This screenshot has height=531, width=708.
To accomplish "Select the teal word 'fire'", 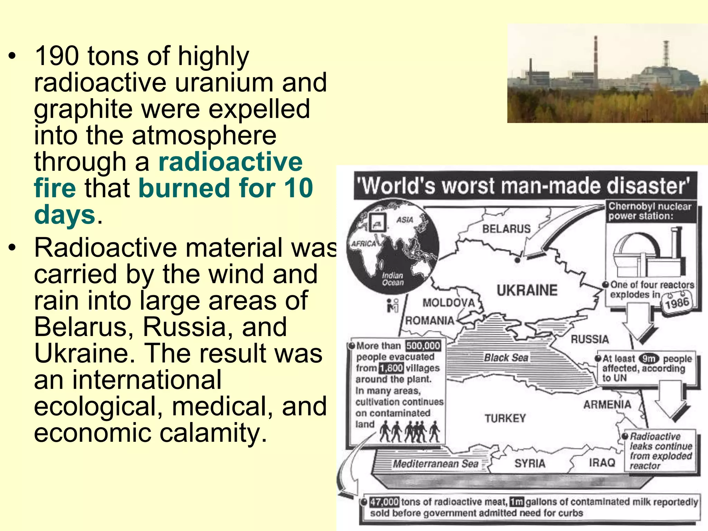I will tap(55, 188).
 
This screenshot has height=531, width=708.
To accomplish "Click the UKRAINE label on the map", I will tap(527, 290).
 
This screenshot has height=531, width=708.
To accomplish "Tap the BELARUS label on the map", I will tap(506, 229).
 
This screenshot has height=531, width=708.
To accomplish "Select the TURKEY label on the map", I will tap(505, 419).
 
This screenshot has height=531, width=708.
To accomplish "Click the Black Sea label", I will tap(506, 358).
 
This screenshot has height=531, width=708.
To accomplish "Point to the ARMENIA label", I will tap(607, 404).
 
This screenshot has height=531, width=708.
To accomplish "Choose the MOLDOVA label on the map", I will tap(448, 303).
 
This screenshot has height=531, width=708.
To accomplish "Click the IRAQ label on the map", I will tap(602, 463).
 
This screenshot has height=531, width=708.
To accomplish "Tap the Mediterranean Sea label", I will tap(435, 464).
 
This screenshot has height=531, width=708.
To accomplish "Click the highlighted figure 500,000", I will tap(423, 346).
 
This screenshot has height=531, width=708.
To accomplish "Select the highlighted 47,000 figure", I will tap(384, 502).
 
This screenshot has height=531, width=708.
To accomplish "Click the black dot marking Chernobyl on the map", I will tap(517, 260).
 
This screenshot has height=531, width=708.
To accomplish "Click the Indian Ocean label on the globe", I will tap(392, 279).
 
